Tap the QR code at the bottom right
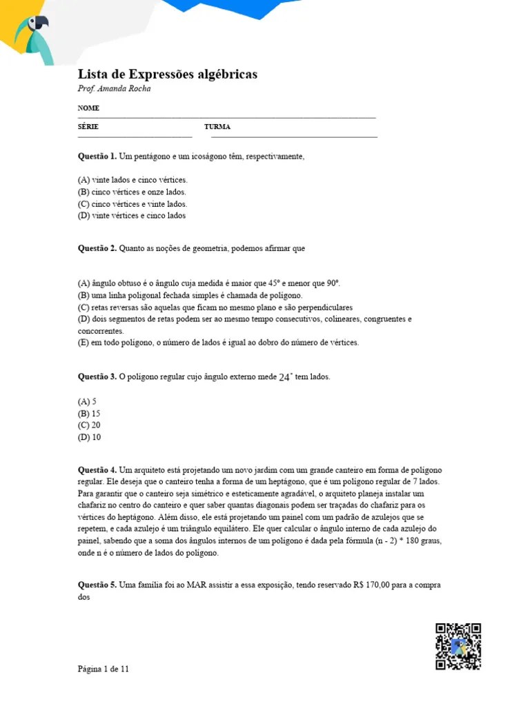tap(458, 646)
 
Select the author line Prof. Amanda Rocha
tap(114, 89)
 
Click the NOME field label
tap(88, 108)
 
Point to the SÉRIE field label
tap(88, 127)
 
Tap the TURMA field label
tap(217, 127)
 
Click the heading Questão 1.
tap(97, 157)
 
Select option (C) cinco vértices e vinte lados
tap(132, 204)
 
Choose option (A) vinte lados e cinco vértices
tap(132, 179)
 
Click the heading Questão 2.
tap(97, 248)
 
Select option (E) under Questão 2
tap(218, 342)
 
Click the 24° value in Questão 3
tap(286, 378)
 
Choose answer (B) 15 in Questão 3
tap(89, 413)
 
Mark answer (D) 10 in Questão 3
tap(89, 437)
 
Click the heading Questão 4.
tap(97, 470)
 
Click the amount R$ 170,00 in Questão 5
tap(373, 585)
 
